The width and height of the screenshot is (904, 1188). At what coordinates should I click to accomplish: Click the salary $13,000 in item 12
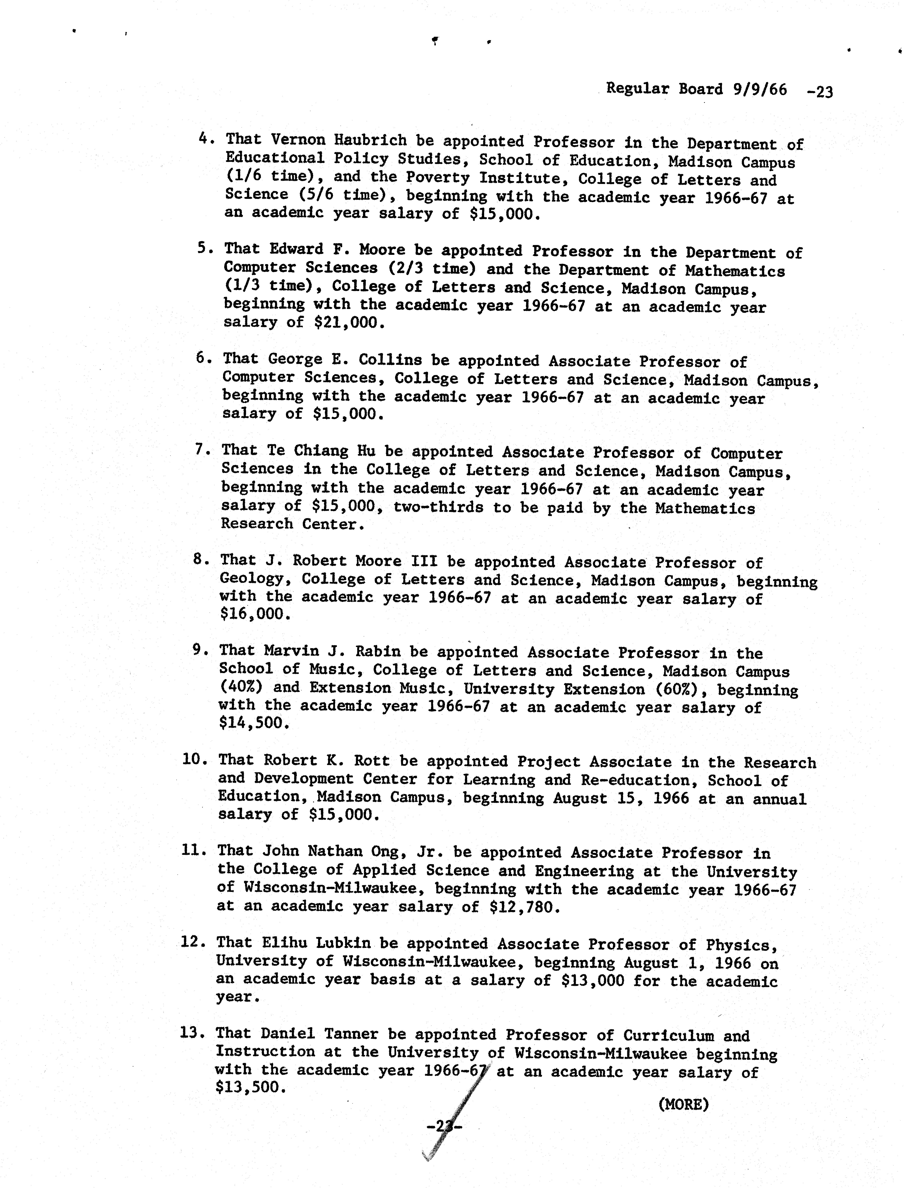(592, 981)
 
